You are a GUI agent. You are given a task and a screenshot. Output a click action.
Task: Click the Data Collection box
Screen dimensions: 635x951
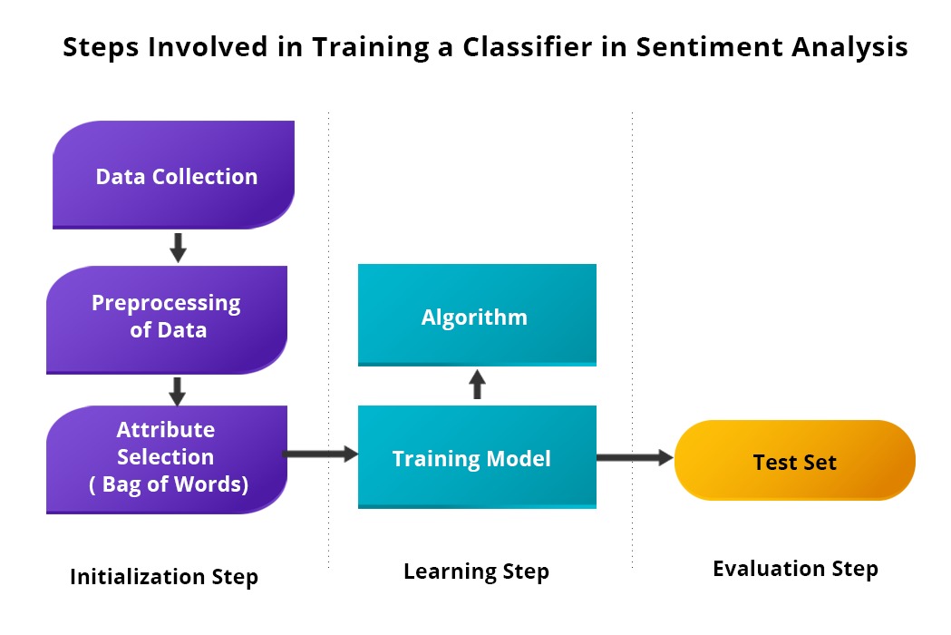(x=174, y=175)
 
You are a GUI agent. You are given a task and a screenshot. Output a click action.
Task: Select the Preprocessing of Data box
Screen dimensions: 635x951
(x=167, y=317)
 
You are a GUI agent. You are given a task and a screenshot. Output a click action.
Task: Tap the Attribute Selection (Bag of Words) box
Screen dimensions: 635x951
(x=167, y=458)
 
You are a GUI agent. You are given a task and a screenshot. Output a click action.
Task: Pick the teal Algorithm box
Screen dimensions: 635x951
(x=477, y=316)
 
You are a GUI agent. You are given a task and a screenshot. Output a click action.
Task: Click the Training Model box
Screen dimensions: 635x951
(x=477, y=458)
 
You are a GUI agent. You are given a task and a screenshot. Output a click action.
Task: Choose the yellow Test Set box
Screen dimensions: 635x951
(x=794, y=461)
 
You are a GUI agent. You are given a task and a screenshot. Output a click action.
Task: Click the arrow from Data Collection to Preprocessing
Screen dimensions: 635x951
(x=178, y=247)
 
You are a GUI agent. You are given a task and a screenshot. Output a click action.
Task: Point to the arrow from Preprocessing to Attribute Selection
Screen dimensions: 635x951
(x=178, y=391)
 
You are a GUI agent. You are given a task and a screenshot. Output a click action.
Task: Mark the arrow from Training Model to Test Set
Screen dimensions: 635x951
(x=635, y=459)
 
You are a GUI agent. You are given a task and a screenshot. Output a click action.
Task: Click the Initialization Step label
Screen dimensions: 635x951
(x=164, y=577)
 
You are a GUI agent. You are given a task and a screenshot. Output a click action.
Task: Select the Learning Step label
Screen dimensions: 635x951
(x=476, y=571)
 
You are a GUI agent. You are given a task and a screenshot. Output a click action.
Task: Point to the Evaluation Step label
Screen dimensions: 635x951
(x=795, y=569)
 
